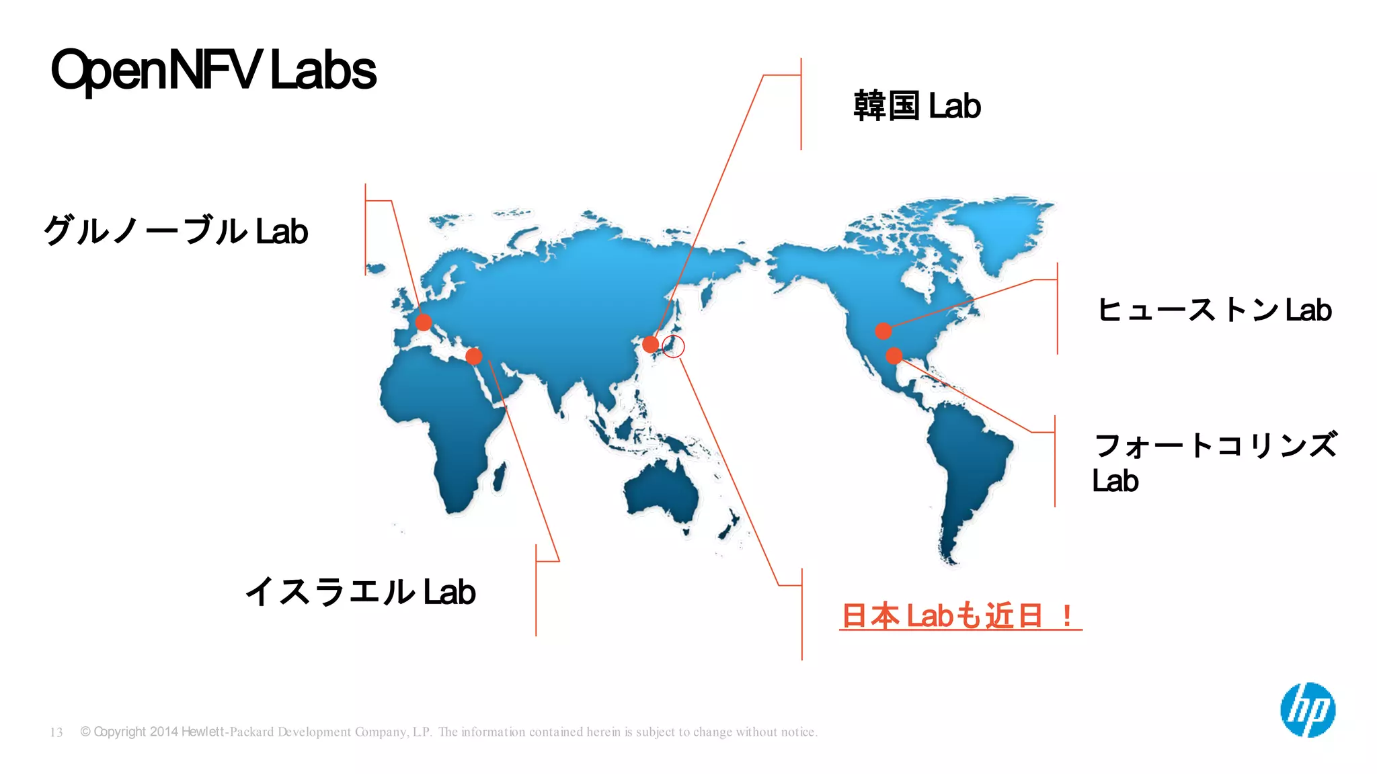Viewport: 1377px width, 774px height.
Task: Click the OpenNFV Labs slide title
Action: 214,70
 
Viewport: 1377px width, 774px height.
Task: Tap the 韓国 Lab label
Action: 917,106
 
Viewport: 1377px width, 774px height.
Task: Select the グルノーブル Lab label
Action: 175,231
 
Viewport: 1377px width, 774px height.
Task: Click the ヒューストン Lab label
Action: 1214,310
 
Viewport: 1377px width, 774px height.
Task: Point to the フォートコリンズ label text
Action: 1216,445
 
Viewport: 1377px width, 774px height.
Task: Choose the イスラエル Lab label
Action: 360,592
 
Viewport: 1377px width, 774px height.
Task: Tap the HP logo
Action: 1308,710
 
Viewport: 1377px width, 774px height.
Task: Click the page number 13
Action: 56,732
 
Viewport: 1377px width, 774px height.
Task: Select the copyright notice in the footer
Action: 448,732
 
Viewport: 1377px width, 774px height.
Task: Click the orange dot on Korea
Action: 650,345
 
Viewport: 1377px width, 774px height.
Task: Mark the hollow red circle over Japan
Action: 673,346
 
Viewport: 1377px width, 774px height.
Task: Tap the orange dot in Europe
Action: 424,322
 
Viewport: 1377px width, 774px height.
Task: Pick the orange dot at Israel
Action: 473,355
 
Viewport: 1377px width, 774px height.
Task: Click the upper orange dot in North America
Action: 883,331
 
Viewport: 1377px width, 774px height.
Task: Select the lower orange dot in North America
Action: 894,355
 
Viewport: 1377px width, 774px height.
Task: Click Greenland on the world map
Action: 1002,228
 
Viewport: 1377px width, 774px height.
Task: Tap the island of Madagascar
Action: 499,476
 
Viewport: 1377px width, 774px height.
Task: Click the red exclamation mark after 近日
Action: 1067,615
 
